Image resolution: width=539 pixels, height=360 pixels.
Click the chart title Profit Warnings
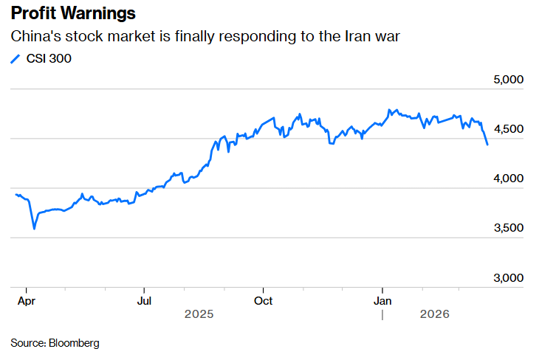[x=72, y=14]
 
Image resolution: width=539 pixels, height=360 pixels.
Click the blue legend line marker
[x=16, y=59]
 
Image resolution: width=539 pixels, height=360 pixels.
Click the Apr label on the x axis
[x=26, y=301]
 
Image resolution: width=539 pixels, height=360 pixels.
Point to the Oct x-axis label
[x=263, y=301]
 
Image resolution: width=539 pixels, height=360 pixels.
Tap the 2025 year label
[x=199, y=315]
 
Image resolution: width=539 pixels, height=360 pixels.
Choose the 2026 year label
[x=434, y=315]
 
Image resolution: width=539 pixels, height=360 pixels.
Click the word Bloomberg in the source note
[x=74, y=343]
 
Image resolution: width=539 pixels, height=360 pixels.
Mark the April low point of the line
[x=34, y=229]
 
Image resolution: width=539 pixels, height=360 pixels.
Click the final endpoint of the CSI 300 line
[x=487, y=145]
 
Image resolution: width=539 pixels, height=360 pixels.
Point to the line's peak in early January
[x=389, y=110]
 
